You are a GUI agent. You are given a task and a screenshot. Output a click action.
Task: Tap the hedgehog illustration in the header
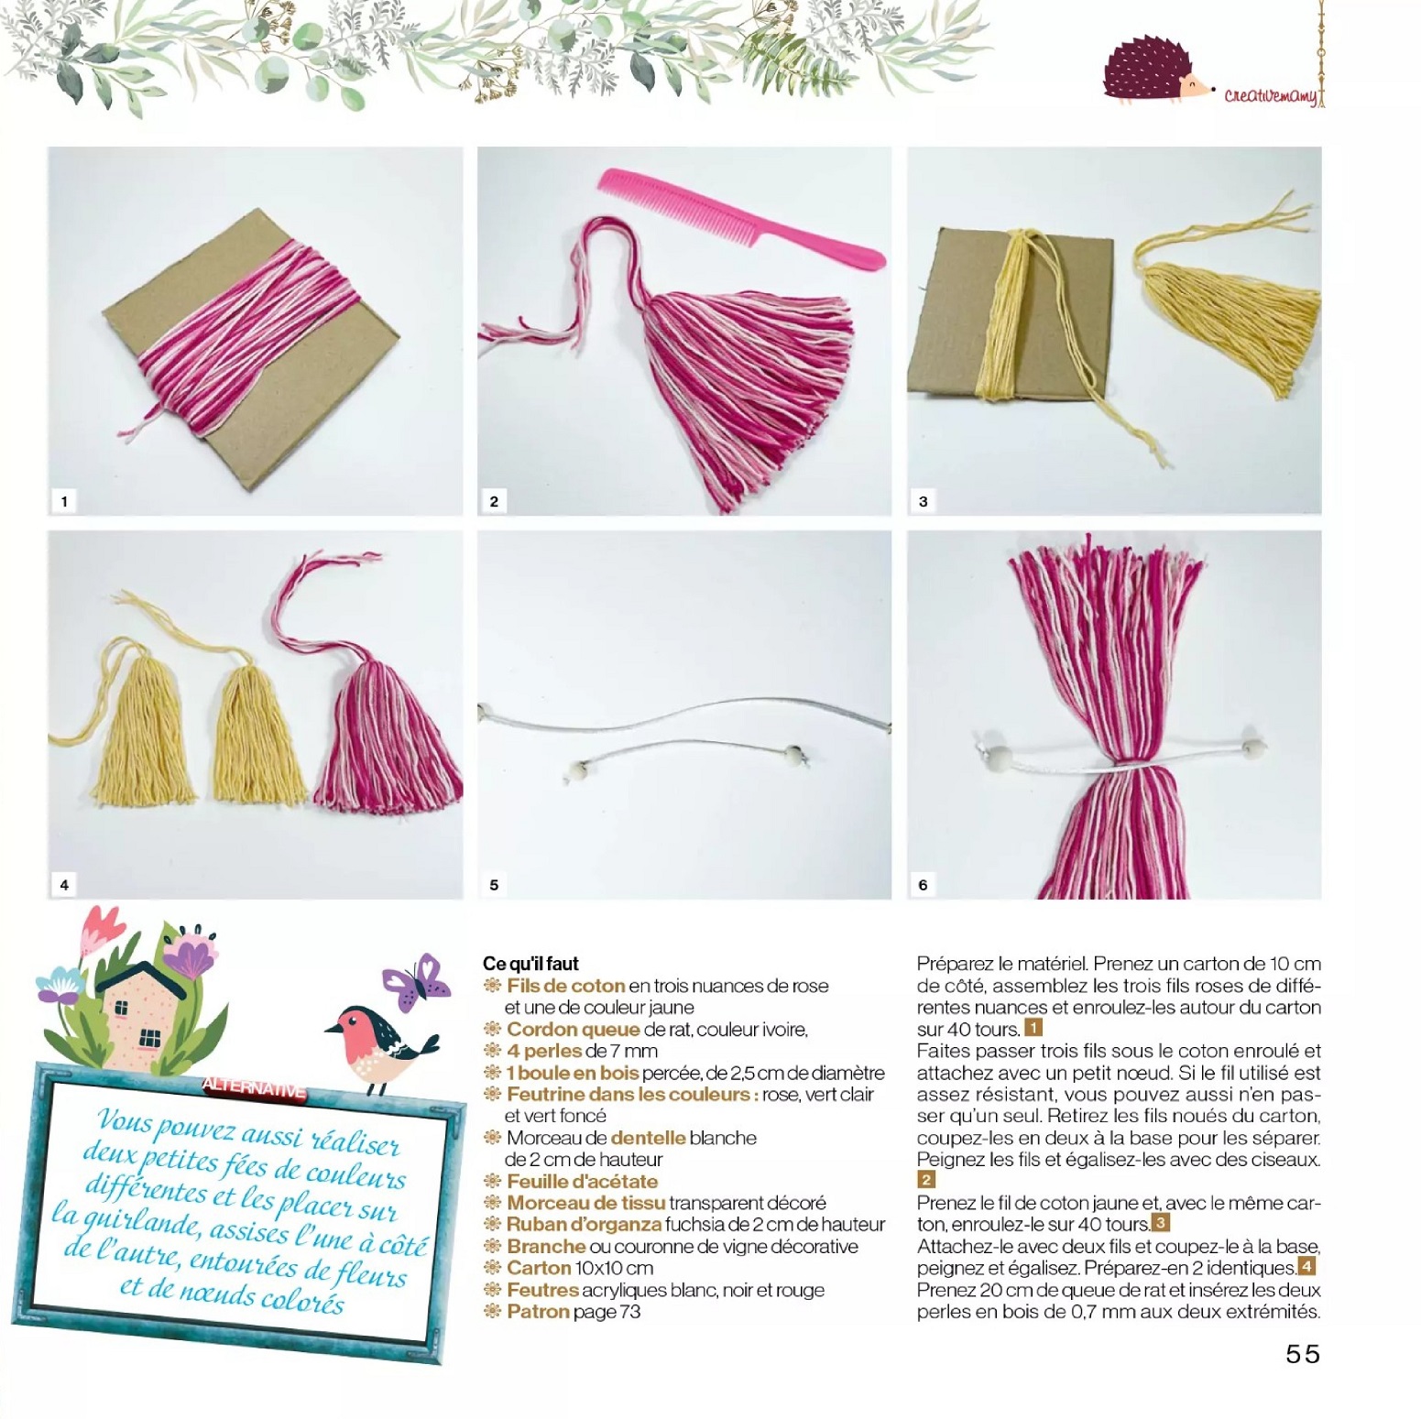tap(1156, 70)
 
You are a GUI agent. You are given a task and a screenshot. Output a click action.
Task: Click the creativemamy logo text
tap(1272, 94)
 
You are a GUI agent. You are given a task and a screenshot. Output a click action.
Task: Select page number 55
tap(1302, 1354)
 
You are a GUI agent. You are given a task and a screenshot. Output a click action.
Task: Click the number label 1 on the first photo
tap(64, 501)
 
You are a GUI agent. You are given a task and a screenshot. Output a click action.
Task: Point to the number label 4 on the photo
tap(64, 885)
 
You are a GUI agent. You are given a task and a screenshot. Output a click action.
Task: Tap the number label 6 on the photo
tap(924, 885)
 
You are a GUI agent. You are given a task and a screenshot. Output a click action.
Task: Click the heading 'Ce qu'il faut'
tap(530, 964)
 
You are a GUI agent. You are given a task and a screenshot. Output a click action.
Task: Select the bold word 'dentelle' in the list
tap(648, 1138)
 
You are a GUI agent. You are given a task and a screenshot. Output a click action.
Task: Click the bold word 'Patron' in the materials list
tap(538, 1312)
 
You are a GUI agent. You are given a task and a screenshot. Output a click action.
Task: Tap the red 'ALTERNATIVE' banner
tap(254, 1088)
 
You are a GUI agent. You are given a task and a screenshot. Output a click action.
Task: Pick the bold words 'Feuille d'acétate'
tap(582, 1182)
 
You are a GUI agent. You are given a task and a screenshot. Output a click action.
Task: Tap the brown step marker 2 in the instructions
tap(926, 1180)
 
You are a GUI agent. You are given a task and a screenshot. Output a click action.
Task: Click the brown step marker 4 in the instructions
tap(1306, 1267)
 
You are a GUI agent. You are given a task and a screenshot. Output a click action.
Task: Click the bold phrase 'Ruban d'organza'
tap(584, 1225)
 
